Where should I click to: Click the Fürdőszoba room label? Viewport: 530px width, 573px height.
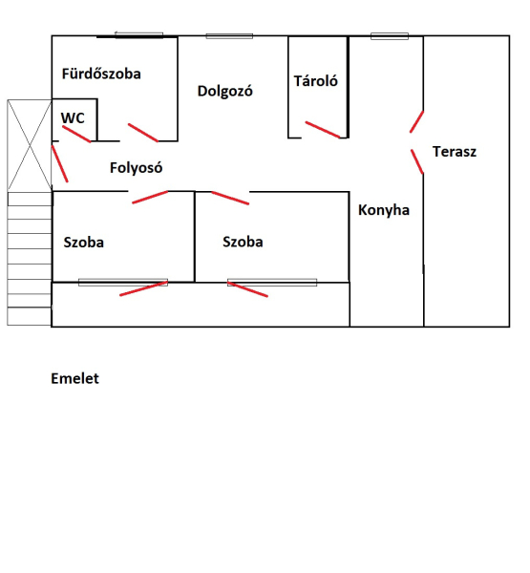pos(101,74)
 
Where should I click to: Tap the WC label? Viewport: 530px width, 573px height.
pos(73,118)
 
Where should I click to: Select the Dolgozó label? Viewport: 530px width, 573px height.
pos(225,91)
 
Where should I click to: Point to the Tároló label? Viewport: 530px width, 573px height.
pos(316,81)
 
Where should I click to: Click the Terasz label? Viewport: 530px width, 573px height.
pos(455,151)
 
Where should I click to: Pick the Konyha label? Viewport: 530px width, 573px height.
pos(384,210)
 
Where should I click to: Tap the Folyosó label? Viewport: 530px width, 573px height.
pos(136,168)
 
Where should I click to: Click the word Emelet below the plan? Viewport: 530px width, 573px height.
pos(74,378)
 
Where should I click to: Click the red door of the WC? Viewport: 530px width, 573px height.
pos(76,134)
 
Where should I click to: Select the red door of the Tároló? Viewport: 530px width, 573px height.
pos(323,130)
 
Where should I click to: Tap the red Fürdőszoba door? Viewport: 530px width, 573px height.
pos(143,133)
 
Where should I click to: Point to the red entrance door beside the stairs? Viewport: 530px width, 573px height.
pos(59,163)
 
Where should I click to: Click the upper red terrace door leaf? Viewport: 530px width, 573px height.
pos(416,121)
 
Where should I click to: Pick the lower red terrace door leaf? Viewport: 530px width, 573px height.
pos(417,161)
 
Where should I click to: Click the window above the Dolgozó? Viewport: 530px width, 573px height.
pos(229,36)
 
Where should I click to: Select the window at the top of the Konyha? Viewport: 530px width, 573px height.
pos(390,36)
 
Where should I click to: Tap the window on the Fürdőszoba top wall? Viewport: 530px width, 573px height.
pos(138,35)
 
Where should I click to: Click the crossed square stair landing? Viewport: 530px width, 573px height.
pos(30,145)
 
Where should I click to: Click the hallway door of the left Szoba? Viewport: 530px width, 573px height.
pos(150,197)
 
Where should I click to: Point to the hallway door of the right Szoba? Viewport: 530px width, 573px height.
pos(230,198)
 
